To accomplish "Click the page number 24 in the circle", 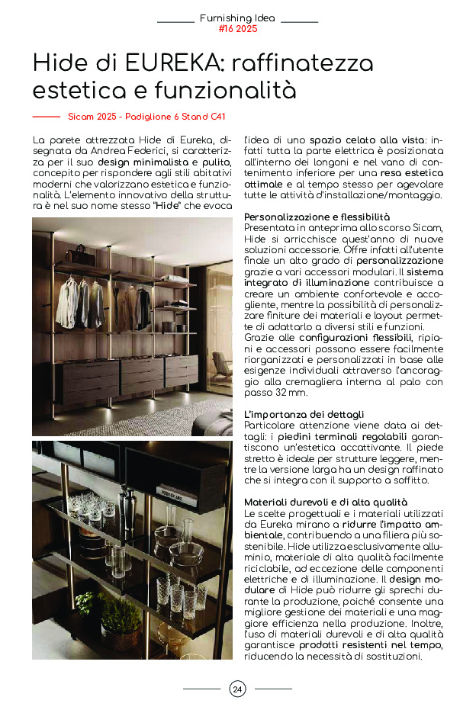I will tap(237, 689).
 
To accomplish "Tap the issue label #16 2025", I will tap(237, 29).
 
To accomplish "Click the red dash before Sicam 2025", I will tap(46, 117).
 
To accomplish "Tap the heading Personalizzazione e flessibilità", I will tap(317, 217).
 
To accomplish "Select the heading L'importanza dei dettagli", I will tap(304, 414).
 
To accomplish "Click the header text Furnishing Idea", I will tap(237, 18).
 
